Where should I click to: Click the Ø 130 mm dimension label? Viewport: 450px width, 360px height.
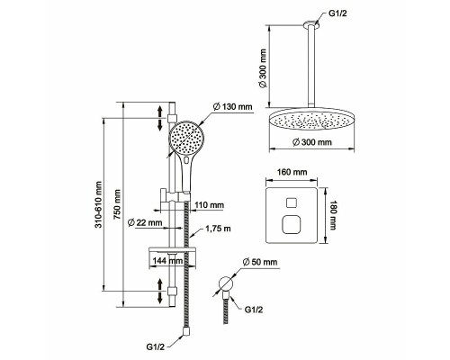tap(232, 106)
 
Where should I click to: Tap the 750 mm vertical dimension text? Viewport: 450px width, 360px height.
tap(117, 204)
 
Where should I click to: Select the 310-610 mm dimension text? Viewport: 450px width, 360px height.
tap(99, 204)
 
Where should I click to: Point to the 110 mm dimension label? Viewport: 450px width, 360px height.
tap(210, 205)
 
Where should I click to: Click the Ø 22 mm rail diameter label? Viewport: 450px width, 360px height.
tap(145, 223)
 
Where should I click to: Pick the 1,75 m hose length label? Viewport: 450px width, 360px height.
tap(218, 229)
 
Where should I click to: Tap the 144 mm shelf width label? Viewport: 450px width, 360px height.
tap(167, 261)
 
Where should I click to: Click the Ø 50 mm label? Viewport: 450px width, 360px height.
tap(260, 262)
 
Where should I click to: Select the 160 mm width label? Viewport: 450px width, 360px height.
tap(292, 172)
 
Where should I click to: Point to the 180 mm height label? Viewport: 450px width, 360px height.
tap(333, 215)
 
